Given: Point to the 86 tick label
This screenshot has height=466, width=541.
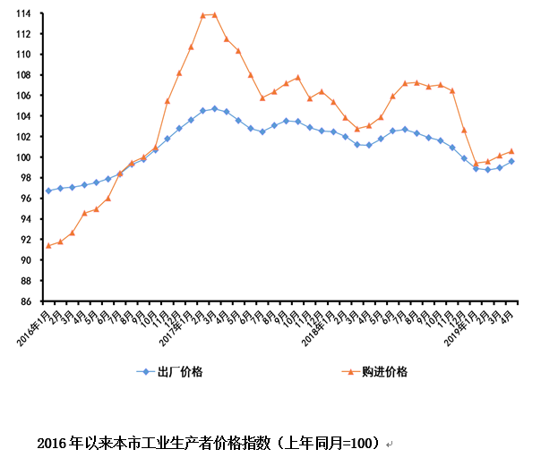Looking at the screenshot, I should pos(27,301).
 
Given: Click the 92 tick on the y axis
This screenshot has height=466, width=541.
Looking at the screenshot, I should pos(27,240).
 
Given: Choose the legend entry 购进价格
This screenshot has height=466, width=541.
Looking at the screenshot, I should pos(386,371).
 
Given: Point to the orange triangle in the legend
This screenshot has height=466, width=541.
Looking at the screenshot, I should pos(348,371).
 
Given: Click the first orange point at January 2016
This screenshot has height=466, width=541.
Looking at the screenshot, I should pos(48,245).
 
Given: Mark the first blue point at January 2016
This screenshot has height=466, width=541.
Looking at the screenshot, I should pos(48,191).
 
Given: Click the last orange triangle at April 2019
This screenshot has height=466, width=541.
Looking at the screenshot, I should pos(511,151).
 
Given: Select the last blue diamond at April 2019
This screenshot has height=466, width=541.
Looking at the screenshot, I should pos(511,161).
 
